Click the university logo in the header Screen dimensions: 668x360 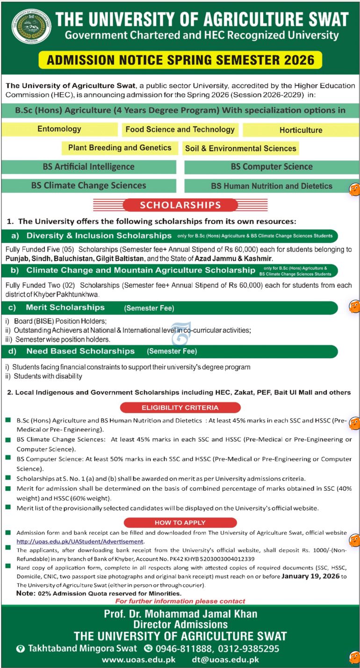(31, 26)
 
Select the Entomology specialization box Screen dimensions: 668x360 (59, 129)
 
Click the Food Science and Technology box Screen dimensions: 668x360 (180, 129)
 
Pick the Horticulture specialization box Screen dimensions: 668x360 (301, 130)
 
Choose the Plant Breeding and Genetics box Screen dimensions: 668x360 (120, 148)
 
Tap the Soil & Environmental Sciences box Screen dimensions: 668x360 (240, 148)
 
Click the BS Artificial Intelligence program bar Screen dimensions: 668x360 (88, 167)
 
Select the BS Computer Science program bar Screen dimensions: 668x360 (272, 167)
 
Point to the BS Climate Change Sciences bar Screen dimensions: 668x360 (88, 186)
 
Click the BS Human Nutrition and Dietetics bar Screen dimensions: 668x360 (272, 186)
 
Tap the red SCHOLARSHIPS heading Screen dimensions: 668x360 (180, 205)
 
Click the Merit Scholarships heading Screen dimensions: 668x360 (65, 308)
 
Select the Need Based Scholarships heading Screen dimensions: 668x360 (80, 351)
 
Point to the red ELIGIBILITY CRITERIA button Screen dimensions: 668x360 (180, 408)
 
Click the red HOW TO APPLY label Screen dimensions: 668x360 (180, 523)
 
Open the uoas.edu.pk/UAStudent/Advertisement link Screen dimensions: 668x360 (80, 541)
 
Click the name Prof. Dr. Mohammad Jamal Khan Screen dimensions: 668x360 (180, 614)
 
